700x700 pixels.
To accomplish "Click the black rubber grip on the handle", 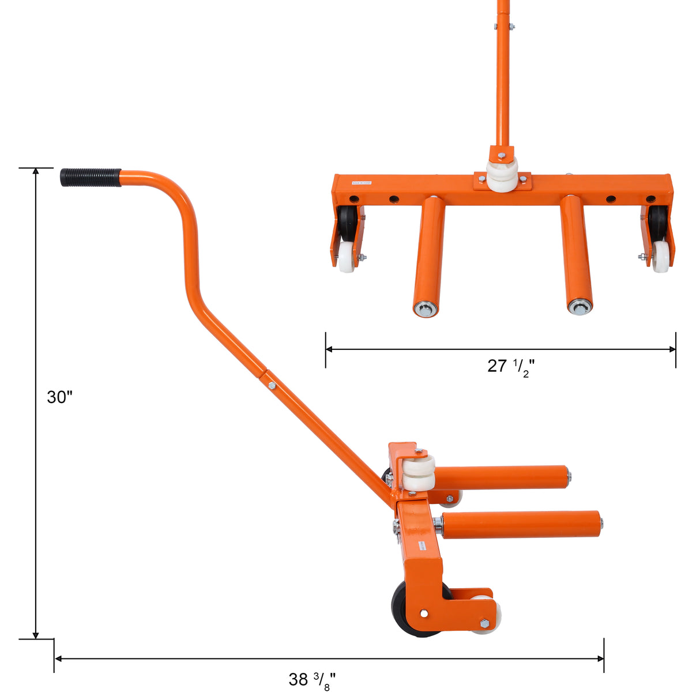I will coord(91,177).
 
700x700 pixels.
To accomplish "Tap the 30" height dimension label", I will coord(60,397).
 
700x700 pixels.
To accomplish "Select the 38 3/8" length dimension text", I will coord(312,680).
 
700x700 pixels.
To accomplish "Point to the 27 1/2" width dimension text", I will coord(511,366).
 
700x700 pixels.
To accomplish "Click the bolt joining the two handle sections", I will coord(272,385).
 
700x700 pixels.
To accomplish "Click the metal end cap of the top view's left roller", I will coord(426,310).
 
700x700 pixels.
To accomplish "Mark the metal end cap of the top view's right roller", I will coord(579,307).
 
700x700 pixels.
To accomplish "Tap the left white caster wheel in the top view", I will coord(347,257).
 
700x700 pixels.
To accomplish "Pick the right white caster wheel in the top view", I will coord(661,257).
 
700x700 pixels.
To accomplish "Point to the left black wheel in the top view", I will coord(348,221).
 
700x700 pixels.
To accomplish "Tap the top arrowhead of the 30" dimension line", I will coord(36,171).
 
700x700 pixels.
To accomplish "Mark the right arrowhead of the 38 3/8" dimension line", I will coord(601,658).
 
